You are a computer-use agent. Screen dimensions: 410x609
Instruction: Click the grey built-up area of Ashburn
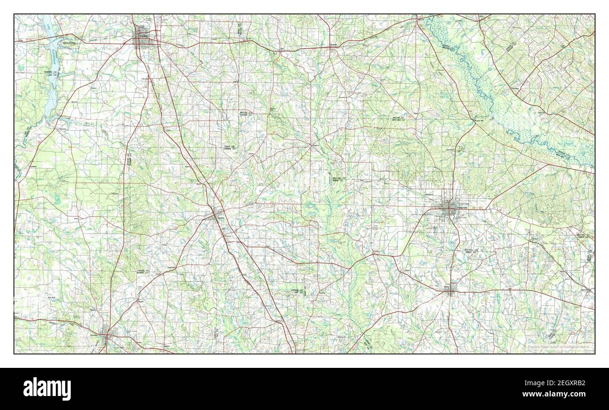tap(216, 215)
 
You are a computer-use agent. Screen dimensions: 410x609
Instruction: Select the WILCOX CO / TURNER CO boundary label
tap(246, 114)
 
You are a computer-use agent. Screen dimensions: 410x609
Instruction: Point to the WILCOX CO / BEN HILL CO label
tap(398, 119)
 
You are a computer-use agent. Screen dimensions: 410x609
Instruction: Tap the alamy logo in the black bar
tap(47, 388)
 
